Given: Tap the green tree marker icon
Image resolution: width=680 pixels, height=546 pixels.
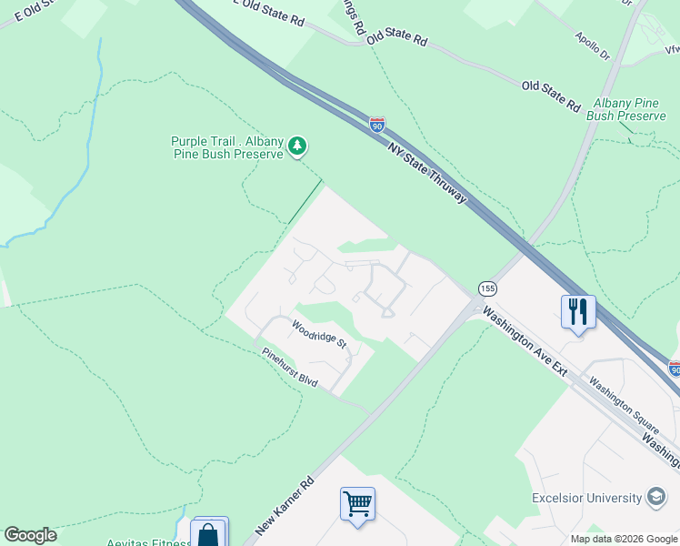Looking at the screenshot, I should coord(296,146).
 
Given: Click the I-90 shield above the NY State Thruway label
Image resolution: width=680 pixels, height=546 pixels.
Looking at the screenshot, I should coord(377,125).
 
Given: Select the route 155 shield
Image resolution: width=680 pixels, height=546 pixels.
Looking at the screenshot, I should coord(488,288).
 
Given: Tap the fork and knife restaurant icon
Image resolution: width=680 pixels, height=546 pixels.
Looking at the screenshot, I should coord(578,312).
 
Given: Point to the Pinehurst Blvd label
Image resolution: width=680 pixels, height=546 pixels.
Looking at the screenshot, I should coord(289,368).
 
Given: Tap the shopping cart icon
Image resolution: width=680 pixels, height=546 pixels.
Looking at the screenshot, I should coord(357,503).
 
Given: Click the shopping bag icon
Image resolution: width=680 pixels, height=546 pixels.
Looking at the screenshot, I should coord(209,534).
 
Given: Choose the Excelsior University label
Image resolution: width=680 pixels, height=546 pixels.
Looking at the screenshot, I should coord(587,498).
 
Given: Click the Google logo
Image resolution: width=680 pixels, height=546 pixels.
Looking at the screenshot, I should coord(30,535).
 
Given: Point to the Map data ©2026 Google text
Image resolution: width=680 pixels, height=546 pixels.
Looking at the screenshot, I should coord(624,538).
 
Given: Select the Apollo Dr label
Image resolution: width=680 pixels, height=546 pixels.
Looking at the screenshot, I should coord(593,45).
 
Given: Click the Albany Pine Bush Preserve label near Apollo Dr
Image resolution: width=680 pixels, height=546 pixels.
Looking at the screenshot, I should coord(626,109).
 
